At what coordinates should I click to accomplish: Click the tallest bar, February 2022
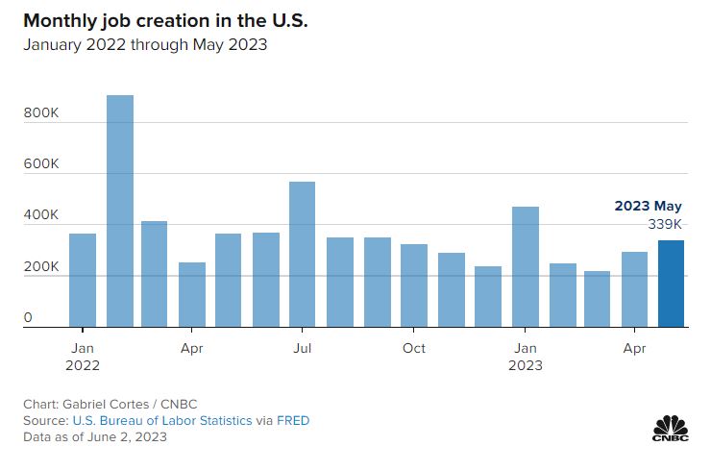pyautogui.click(x=119, y=211)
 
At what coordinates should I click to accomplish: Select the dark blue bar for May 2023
pyautogui.click(x=672, y=285)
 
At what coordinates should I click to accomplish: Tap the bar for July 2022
pyautogui.click(x=303, y=255)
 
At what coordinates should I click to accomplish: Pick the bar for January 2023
pyautogui.click(x=525, y=267)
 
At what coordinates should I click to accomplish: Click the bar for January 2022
pyautogui.click(x=83, y=281)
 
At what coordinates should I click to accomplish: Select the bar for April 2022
pyautogui.click(x=192, y=295)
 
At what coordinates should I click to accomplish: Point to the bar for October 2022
pyautogui.click(x=414, y=285)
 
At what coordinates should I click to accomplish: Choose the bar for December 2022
pyautogui.click(x=488, y=297)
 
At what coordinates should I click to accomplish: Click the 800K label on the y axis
pyautogui.click(x=42, y=112)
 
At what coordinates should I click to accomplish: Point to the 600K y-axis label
pyautogui.click(x=42, y=164)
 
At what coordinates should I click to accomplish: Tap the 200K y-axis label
pyautogui.click(x=42, y=266)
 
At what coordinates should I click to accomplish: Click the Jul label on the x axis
pyautogui.click(x=303, y=347)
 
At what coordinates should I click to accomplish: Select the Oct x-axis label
pyautogui.click(x=414, y=347)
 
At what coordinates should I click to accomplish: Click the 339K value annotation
pyautogui.click(x=665, y=224)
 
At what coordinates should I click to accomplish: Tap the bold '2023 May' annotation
pyautogui.click(x=648, y=206)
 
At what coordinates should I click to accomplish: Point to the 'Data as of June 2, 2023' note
pyautogui.click(x=96, y=436)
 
